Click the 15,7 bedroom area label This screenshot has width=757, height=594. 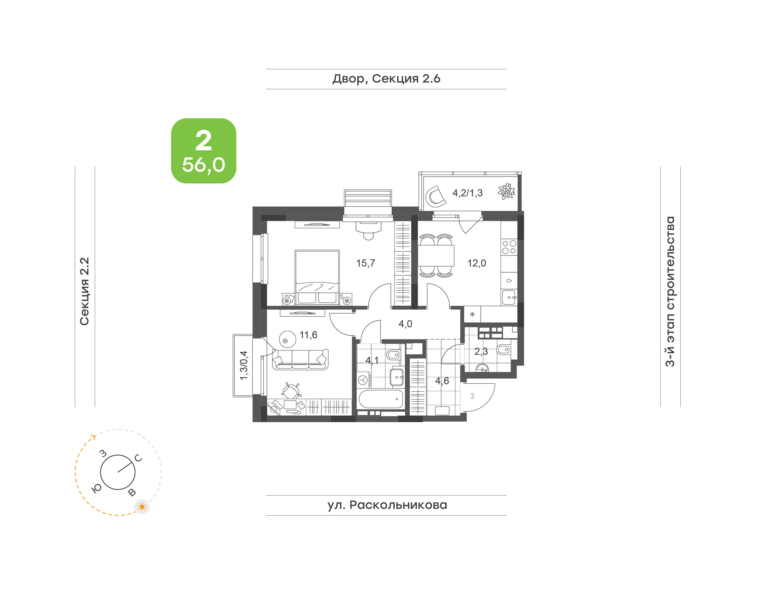[x=365, y=263]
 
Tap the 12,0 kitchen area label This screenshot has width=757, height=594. [x=476, y=263]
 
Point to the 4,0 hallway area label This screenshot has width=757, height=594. [x=405, y=324]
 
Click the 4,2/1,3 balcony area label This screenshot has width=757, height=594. [x=467, y=193]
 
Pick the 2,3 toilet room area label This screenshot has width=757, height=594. [x=481, y=352]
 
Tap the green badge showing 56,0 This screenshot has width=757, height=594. [x=203, y=151]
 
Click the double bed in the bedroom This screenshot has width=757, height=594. [x=317, y=277]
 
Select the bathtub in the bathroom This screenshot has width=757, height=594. [x=381, y=399]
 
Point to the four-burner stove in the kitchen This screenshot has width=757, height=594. [x=509, y=247]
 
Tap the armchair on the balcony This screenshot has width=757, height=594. [x=436, y=197]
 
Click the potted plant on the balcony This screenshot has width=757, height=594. [x=506, y=191]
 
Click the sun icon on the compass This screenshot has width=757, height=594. [x=142, y=507]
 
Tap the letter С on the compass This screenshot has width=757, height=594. [x=139, y=458]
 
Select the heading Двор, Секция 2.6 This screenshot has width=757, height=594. [x=386, y=79]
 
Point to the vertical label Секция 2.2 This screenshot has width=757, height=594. [x=84, y=291]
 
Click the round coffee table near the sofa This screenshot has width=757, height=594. [x=288, y=339]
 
